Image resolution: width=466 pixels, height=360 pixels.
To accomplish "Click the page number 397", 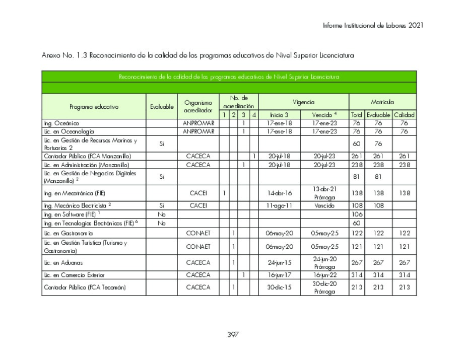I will [233, 335].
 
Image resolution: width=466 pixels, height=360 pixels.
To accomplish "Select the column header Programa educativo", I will [94, 107].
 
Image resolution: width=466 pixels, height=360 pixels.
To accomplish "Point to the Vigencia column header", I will [303, 102].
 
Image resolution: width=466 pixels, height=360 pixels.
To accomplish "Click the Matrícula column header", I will [382, 102].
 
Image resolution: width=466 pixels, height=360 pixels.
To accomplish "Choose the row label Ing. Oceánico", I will [61, 123].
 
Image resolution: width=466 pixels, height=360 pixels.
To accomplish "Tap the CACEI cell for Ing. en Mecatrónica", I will [198, 193].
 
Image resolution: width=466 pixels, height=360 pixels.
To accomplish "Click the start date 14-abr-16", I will [279, 193].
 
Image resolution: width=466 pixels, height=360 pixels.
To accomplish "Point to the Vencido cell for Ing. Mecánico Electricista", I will [324, 206].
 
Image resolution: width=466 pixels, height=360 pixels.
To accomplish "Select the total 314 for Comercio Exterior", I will [356, 275].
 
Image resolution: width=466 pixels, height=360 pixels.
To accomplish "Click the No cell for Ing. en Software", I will [161, 214].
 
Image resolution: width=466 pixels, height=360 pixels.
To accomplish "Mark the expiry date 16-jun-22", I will [324, 275].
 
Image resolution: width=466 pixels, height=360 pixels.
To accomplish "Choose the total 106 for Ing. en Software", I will [356, 214].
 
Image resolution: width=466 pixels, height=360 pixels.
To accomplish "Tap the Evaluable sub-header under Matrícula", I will [378, 115].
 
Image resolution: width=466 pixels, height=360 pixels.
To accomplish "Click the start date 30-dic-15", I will [279, 287].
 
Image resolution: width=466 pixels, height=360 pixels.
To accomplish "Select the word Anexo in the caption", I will [51, 55].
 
